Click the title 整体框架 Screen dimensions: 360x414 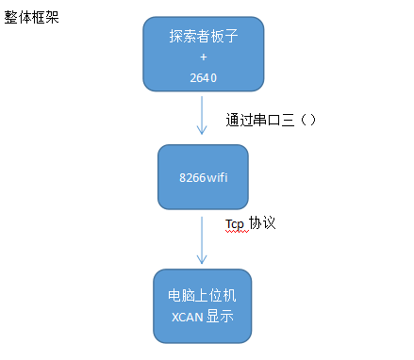[32, 16]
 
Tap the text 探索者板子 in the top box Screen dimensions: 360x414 [202, 37]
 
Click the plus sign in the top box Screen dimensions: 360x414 [203, 56]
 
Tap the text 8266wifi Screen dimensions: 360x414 [202, 176]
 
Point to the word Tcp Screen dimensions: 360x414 [235, 223]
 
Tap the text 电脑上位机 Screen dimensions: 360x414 [203, 295]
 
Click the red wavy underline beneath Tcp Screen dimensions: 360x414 [235, 231]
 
